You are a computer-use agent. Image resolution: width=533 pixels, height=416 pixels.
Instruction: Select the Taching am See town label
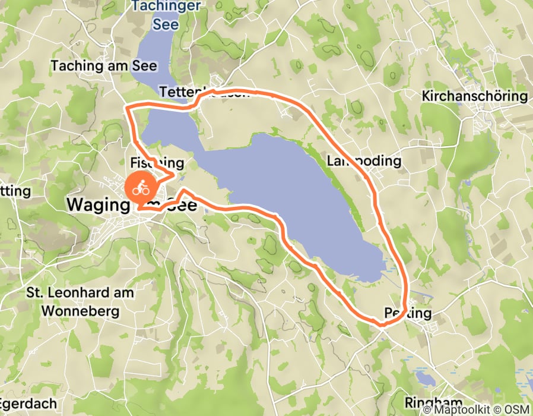pyautogui.click(x=104, y=65)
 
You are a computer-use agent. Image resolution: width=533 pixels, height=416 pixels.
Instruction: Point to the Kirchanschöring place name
pyautogui.click(x=474, y=96)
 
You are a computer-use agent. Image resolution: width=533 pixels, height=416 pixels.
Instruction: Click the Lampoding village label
pyautogui.click(x=364, y=160)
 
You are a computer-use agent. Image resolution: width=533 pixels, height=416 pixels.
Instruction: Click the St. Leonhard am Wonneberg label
pyautogui.click(x=81, y=302)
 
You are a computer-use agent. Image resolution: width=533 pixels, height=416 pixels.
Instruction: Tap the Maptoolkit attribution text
pyautogui.click(x=458, y=409)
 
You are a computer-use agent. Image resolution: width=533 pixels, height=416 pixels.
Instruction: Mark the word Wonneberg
pyautogui.click(x=81, y=311)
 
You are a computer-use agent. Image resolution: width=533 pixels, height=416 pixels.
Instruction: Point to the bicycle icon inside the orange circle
pyautogui.click(x=141, y=190)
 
